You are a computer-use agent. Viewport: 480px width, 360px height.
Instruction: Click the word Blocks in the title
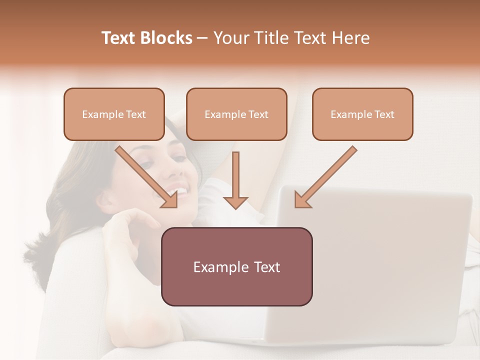point(166,38)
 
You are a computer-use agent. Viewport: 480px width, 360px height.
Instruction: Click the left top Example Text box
point(114,114)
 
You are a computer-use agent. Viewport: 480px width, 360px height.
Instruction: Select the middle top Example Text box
point(236,114)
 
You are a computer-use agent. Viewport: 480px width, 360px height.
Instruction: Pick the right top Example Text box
point(362,114)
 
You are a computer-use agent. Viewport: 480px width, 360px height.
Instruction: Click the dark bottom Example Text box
point(236,266)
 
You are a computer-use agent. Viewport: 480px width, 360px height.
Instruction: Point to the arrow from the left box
point(147,177)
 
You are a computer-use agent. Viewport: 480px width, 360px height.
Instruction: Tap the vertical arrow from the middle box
point(235,180)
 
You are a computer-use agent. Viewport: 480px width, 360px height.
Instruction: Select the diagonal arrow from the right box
point(325,177)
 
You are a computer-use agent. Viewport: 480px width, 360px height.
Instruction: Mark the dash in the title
point(202,38)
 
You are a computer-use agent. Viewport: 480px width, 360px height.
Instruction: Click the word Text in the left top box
point(135,114)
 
